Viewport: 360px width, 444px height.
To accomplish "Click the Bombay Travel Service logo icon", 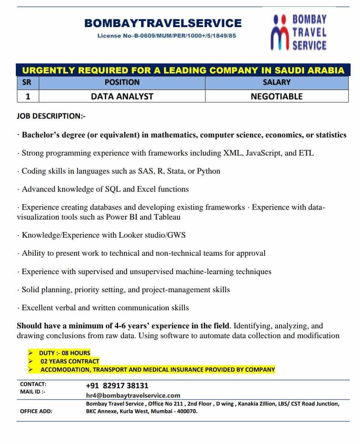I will point(281,33).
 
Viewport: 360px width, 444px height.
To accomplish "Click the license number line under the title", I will point(167,36).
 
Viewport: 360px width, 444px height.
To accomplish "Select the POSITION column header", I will point(122,82).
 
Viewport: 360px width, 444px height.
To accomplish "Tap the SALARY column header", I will point(277,82).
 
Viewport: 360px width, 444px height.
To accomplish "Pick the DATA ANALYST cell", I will point(122,96).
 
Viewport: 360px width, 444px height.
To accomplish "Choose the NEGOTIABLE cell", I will point(277,96).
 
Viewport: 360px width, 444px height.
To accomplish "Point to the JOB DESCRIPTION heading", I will point(51,116).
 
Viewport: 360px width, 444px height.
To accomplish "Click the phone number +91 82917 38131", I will point(117,386).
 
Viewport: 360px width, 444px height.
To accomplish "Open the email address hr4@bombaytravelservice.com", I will point(133,395).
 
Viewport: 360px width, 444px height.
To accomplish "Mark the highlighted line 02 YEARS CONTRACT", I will point(70,361).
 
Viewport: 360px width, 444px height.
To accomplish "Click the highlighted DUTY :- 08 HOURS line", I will point(64,353).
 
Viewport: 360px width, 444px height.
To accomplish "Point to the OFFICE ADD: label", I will point(36,411).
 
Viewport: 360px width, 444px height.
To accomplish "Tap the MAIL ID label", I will point(33,392).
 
